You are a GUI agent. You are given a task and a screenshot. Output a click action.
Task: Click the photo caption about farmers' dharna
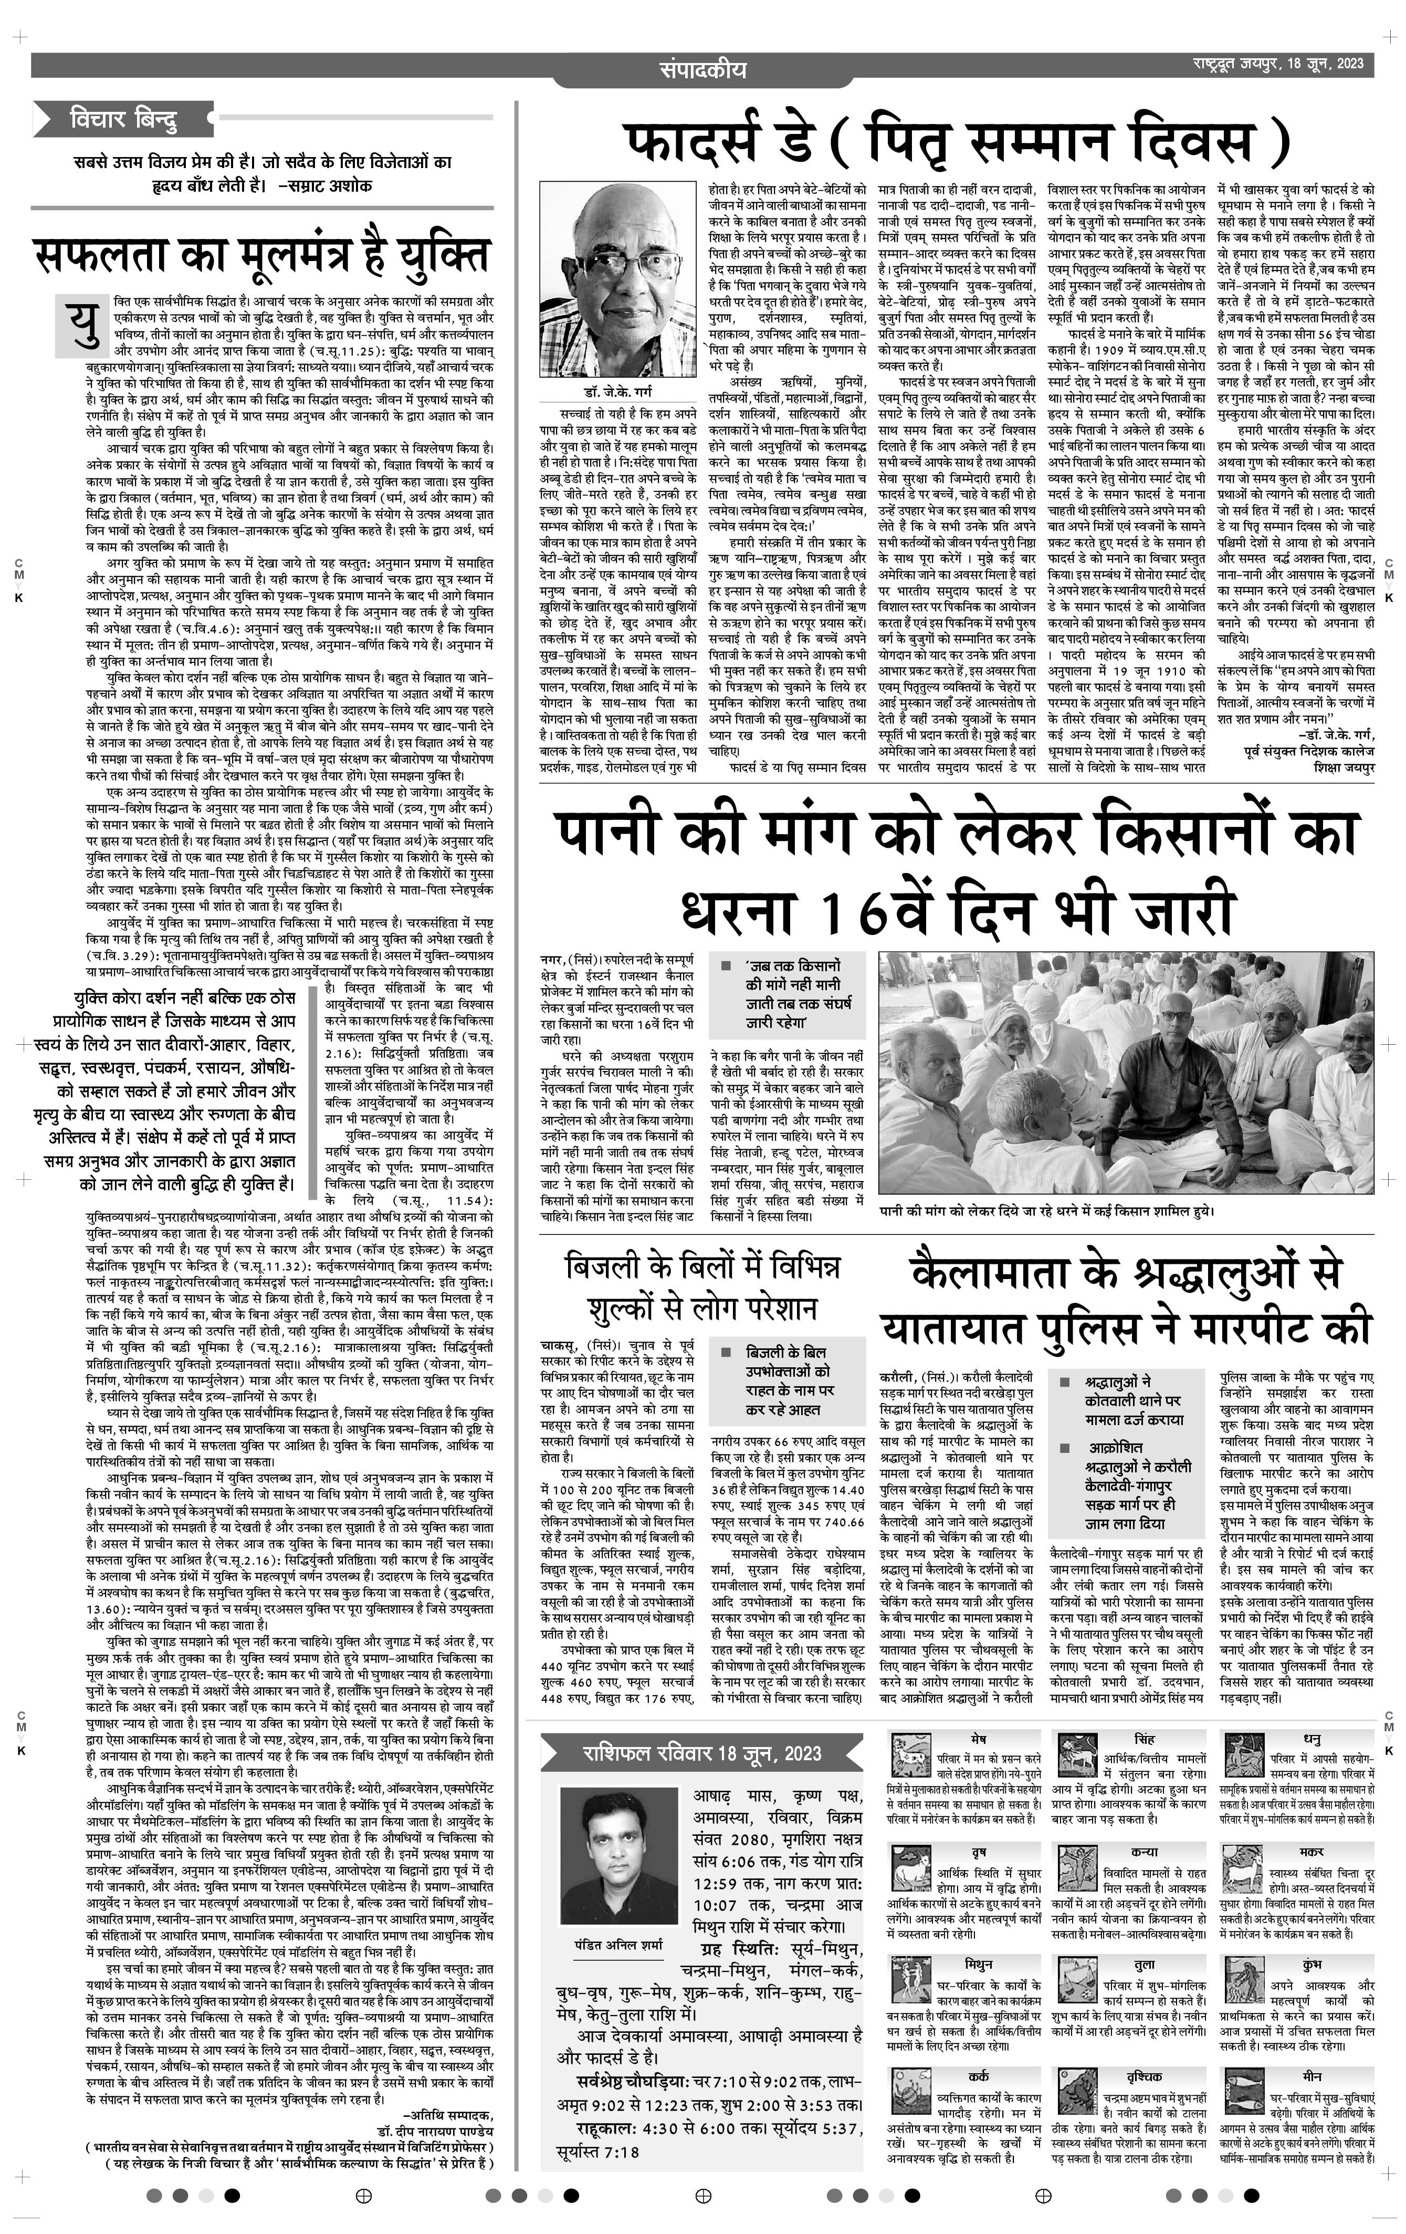pos(1046,1211)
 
